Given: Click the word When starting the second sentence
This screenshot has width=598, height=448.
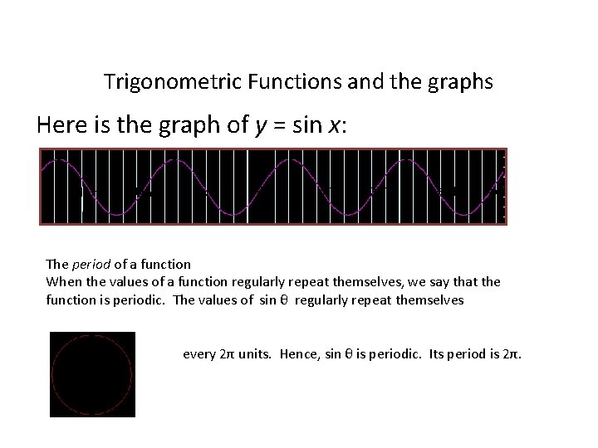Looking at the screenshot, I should [x=64, y=281].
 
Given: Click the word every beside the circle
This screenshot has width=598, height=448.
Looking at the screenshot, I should [x=198, y=354].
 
